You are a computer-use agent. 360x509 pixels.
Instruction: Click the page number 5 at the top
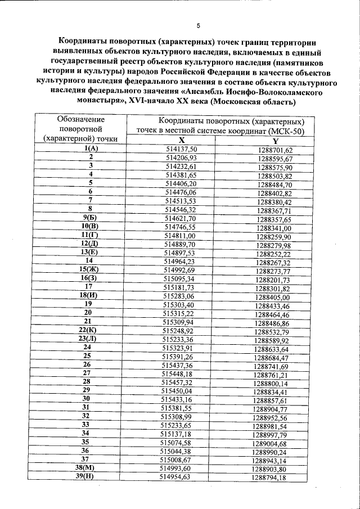tap(199, 25)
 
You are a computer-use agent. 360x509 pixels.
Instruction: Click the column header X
tap(182, 141)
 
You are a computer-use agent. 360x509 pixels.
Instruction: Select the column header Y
tap(276, 141)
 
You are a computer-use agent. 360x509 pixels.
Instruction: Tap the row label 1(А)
tap(91, 148)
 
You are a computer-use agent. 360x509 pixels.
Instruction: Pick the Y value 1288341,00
tap(274, 228)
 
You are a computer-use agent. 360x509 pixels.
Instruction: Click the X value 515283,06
tap(178, 295)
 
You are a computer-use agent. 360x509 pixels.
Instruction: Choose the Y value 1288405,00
tap(272, 297)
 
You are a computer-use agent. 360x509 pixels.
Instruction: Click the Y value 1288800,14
tap(271, 383)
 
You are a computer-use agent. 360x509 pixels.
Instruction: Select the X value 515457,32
tap(177, 382)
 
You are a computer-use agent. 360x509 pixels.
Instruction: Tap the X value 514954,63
tap(175, 476)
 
